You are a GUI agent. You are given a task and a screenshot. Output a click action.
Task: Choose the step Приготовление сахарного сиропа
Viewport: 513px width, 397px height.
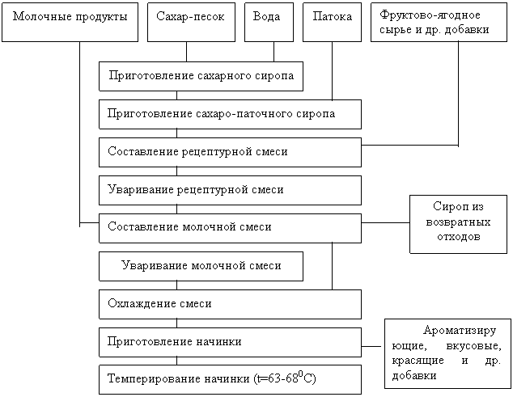[201, 76]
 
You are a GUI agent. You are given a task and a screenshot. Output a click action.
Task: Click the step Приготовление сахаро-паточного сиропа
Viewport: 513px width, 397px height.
[230, 114]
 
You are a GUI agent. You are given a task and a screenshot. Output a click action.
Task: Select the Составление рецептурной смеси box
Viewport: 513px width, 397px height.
[230, 152]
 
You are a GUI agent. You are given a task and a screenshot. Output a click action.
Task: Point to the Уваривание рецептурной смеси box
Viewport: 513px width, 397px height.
[230, 190]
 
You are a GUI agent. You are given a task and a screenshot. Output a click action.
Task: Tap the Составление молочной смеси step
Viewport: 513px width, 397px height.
[230, 228]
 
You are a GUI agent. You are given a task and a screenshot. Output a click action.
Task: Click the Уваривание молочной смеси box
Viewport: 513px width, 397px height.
[201, 265]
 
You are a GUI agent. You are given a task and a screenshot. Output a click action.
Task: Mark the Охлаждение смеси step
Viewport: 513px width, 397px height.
[230, 304]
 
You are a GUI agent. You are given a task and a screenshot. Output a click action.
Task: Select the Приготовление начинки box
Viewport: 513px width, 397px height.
[230, 342]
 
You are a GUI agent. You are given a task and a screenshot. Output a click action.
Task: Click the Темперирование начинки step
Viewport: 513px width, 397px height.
[230, 379]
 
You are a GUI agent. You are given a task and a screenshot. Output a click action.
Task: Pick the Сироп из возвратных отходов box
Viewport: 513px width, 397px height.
[458, 223]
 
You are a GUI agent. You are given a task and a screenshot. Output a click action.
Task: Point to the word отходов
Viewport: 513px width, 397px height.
[458, 238]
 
